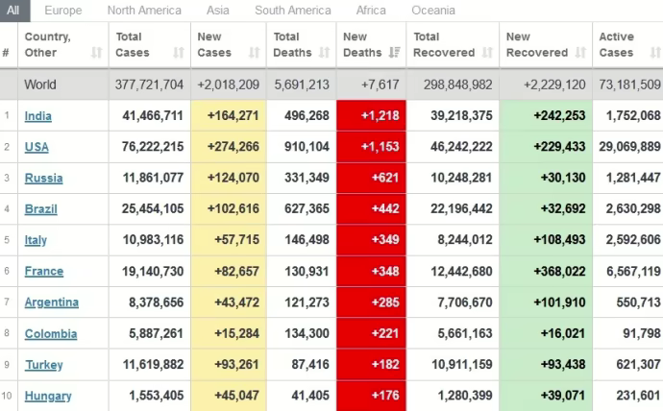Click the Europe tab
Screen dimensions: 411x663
pos(63,11)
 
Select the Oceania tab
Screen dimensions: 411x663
pos(433,11)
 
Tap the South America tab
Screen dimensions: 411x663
pos(293,11)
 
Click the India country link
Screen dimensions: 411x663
pos(38,116)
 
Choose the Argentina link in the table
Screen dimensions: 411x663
pos(52,302)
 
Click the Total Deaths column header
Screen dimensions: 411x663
pos(293,45)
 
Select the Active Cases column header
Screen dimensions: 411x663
pos(617,45)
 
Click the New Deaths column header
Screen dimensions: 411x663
pos(362,45)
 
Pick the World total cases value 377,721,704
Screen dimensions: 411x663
pos(149,85)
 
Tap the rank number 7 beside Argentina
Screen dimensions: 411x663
pos(6,302)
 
